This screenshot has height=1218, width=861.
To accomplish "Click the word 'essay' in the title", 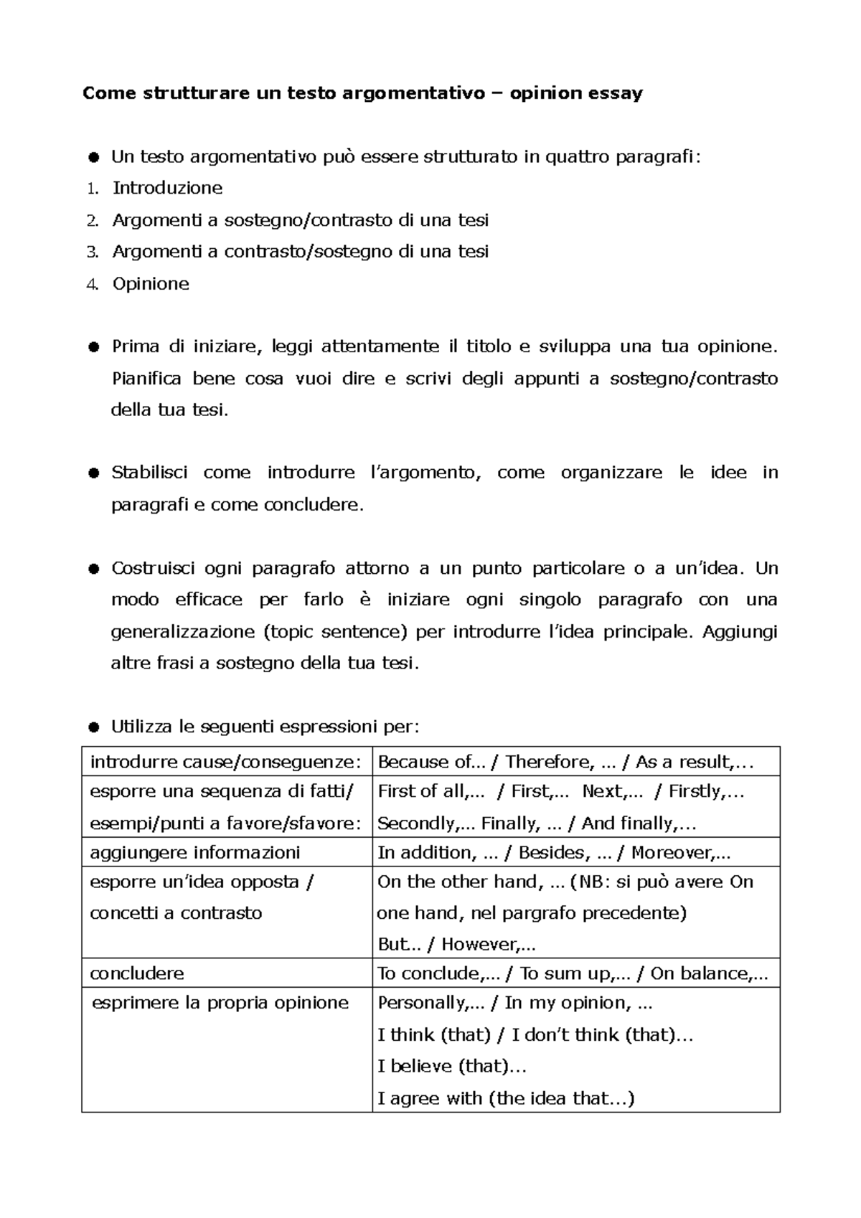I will coord(616,93).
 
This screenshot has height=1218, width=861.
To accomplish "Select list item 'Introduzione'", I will coord(167,188).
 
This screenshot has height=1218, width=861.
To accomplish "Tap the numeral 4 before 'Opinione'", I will coord(91,284).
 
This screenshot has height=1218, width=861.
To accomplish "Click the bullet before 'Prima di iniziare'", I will coord(93,348).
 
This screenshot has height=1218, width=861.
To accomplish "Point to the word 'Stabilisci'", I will coord(149,473).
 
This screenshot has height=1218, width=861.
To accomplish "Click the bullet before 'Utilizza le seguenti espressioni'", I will coord(93,727).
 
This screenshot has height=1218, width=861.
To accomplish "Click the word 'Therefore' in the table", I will coord(550,762).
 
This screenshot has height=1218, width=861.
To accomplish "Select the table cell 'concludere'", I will coord(137,973).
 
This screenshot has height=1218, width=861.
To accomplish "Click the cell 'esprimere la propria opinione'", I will coord(220,1003).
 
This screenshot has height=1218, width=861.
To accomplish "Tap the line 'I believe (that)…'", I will coord(452,1067).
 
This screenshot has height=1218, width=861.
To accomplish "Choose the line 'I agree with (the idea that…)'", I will coord(506,1098).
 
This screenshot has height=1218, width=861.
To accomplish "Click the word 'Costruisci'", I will coord(153,569).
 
